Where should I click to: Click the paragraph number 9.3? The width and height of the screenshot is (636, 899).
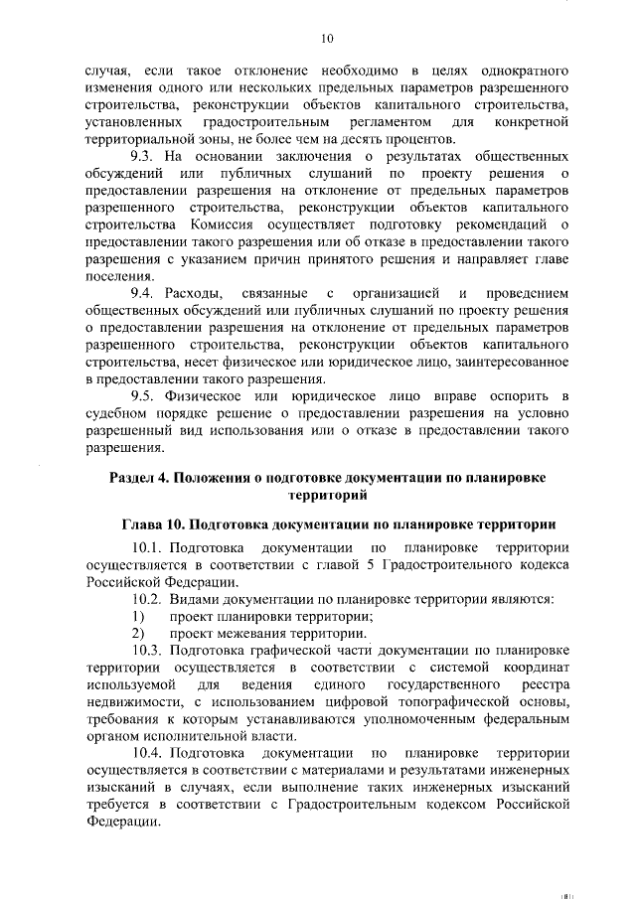coord(145,157)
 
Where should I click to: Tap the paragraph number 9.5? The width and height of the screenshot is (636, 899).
coord(145,396)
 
